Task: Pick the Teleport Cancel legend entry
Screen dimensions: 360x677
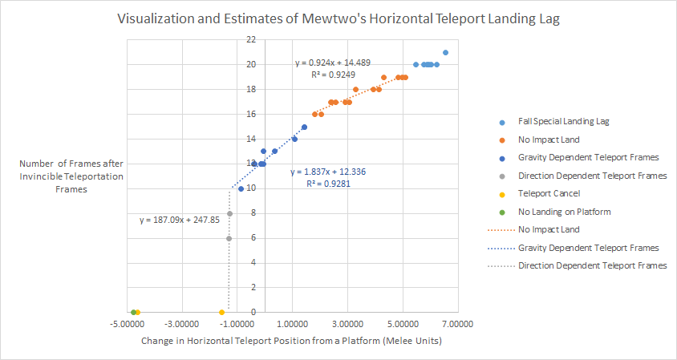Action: [x=548, y=193]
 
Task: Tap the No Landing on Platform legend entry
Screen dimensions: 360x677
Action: [x=564, y=212]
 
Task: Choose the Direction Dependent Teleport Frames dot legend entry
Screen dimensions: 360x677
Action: [x=592, y=176]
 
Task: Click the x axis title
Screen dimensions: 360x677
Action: [x=292, y=341]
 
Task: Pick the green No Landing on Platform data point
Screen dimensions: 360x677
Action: [x=133, y=312]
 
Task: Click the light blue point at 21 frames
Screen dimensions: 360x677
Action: [x=445, y=52]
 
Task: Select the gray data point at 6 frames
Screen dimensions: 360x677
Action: [x=229, y=238]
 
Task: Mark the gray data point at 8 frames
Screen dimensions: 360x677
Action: [x=229, y=213]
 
